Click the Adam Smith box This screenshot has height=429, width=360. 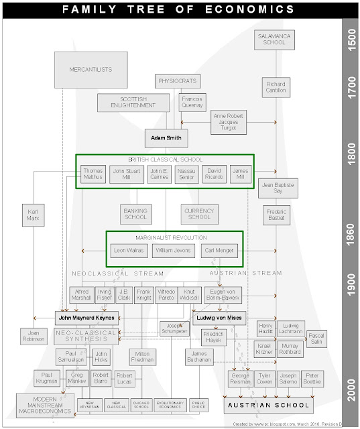pos(166,139)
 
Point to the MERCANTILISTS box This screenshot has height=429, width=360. pos(91,70)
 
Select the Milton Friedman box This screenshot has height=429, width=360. pos(143,357)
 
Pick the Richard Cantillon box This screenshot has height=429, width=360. pos(276,88)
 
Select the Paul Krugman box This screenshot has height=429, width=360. pos(47,379)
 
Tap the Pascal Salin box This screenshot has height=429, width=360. pos(316,339)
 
